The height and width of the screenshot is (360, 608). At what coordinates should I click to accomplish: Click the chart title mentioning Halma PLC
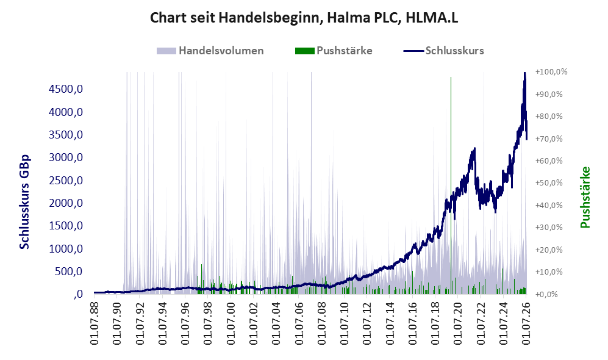(304, 18)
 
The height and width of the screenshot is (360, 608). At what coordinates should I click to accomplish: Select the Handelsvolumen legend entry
(210, 51)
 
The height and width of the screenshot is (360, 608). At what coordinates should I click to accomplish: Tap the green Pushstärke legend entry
(334, 51)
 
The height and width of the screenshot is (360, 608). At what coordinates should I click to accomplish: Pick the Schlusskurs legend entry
(443, 51)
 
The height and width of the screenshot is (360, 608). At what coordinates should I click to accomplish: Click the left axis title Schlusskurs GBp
(24, 202)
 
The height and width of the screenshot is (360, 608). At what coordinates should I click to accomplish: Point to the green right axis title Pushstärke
(585, 198)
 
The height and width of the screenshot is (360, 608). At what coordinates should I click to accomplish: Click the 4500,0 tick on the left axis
(66, 89)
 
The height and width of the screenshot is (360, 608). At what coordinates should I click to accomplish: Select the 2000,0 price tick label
(66, 203)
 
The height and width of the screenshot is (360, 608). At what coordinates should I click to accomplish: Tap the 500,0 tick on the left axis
(69, 272)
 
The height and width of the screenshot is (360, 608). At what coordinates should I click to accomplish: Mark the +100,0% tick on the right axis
(551, 72)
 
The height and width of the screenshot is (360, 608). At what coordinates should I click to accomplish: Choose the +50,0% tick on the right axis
(549, 182)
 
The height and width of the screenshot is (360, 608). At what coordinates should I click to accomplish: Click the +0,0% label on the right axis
(547, 295)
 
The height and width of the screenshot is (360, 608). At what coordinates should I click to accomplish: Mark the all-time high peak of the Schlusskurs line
(524, 73)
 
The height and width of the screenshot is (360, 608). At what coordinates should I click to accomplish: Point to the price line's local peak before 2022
(474, 149)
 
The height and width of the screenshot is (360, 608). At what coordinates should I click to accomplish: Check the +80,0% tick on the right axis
(549, 117)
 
